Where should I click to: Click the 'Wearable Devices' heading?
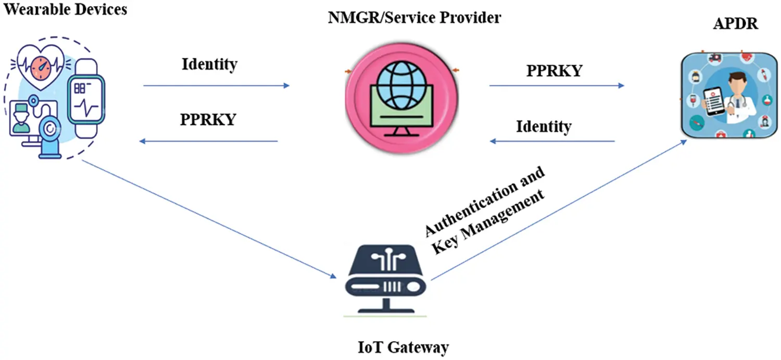coord(66,9)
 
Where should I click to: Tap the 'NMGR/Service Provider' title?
coord(414,18)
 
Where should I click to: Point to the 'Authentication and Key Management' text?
coord(485,210)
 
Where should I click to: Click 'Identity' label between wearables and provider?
coord(209,64)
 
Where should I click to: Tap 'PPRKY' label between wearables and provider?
coord(208,119)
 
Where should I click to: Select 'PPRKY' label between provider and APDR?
coord(554,71)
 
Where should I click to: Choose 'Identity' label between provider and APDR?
coord(544,126)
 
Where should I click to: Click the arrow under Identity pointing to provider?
coord(216,85)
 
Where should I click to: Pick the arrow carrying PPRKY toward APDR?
coord(557,85)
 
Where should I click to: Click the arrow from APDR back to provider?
coord(552,141)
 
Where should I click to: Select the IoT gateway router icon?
coord(385,274)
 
